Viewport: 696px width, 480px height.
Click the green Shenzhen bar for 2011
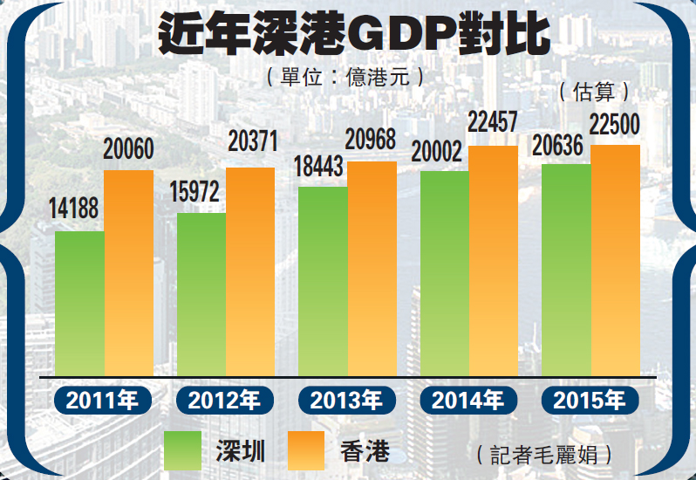point(79,303)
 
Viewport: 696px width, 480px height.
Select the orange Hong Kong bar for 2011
point(128,272)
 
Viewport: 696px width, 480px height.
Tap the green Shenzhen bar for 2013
point(323,281)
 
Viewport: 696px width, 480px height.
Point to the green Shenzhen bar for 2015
point(566,270)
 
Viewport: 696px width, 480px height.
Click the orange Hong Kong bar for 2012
point(250,271)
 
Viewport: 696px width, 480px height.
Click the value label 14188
point(73,209)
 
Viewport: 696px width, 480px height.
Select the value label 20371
point(251,140)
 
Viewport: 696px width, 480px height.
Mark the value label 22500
point(617,124)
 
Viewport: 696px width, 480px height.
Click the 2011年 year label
point(102,401)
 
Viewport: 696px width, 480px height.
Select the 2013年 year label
point(346,401)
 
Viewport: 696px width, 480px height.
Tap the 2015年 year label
point(590,401)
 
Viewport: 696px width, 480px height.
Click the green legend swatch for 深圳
point(183,450)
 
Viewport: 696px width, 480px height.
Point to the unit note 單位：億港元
point(347,77)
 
